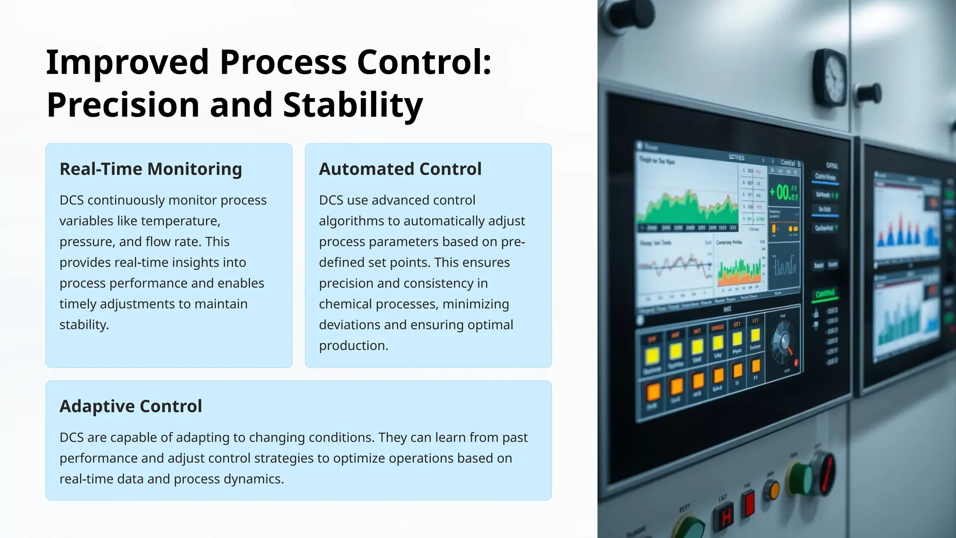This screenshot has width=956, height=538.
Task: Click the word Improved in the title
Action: [127, 62]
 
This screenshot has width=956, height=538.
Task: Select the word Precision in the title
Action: [124, 105]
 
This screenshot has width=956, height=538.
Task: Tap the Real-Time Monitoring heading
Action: [151, 169]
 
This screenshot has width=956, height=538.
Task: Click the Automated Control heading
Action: [400, 169]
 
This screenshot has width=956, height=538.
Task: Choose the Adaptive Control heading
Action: [131, 406]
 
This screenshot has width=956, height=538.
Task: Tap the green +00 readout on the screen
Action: [783, 192]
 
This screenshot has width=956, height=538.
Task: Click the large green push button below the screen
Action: [801, 479]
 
